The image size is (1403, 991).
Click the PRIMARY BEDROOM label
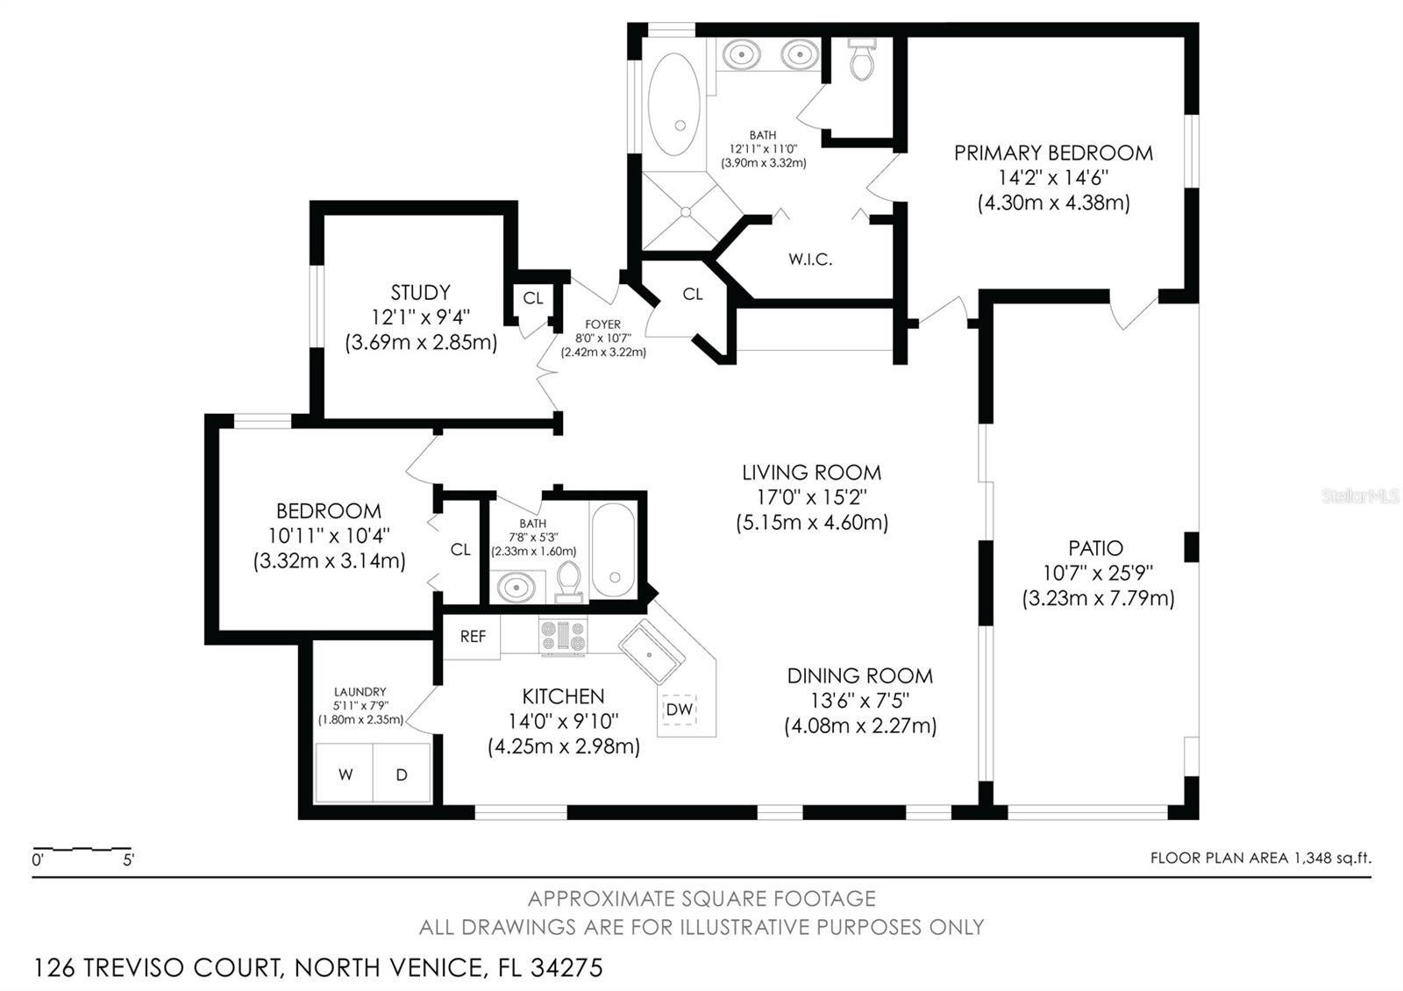tap(1053, 153)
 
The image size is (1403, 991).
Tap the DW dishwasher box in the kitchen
tap(679, 709)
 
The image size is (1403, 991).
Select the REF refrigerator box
tap(472, 637)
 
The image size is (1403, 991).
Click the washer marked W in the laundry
tap(345, 774)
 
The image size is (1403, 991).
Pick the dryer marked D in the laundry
tap(402, 774)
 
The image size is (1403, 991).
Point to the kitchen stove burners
tap(562, 637)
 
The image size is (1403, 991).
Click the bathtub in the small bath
tap(612, 550)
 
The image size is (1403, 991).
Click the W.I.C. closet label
tap(809, 260)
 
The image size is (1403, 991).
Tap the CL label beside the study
tap(533, 298)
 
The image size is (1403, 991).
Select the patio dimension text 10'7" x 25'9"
tap(1097, 574)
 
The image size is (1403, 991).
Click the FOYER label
tap(603, 324)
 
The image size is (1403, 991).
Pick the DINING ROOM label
tap(859, 676)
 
